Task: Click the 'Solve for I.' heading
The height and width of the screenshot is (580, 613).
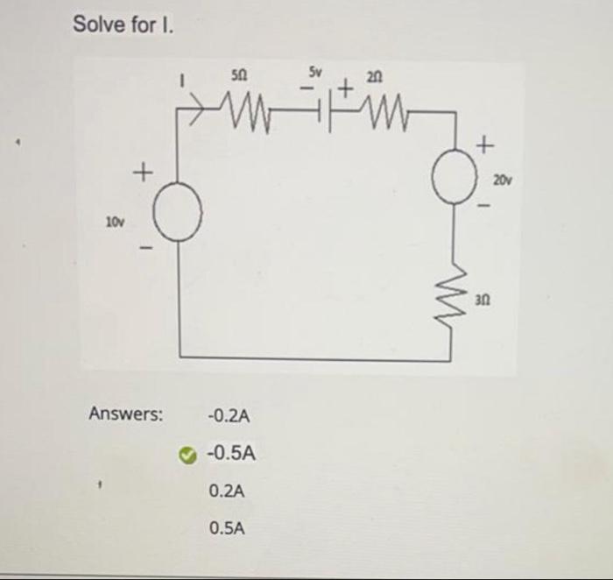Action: pyautogui.click(x=123, y=25)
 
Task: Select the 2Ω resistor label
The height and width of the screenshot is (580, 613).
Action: pyautogui.click(x=376, y=79)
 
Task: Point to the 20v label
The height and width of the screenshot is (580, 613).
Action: pyautogui.click(x=502, y=181)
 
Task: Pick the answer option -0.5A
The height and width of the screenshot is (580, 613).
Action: pyautogui.click(x=230, y=454)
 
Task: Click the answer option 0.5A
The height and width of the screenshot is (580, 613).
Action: pyautogui.click(x=228, y=528)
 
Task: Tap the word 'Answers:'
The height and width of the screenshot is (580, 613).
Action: pyautogui.click(x=126, y=414)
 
